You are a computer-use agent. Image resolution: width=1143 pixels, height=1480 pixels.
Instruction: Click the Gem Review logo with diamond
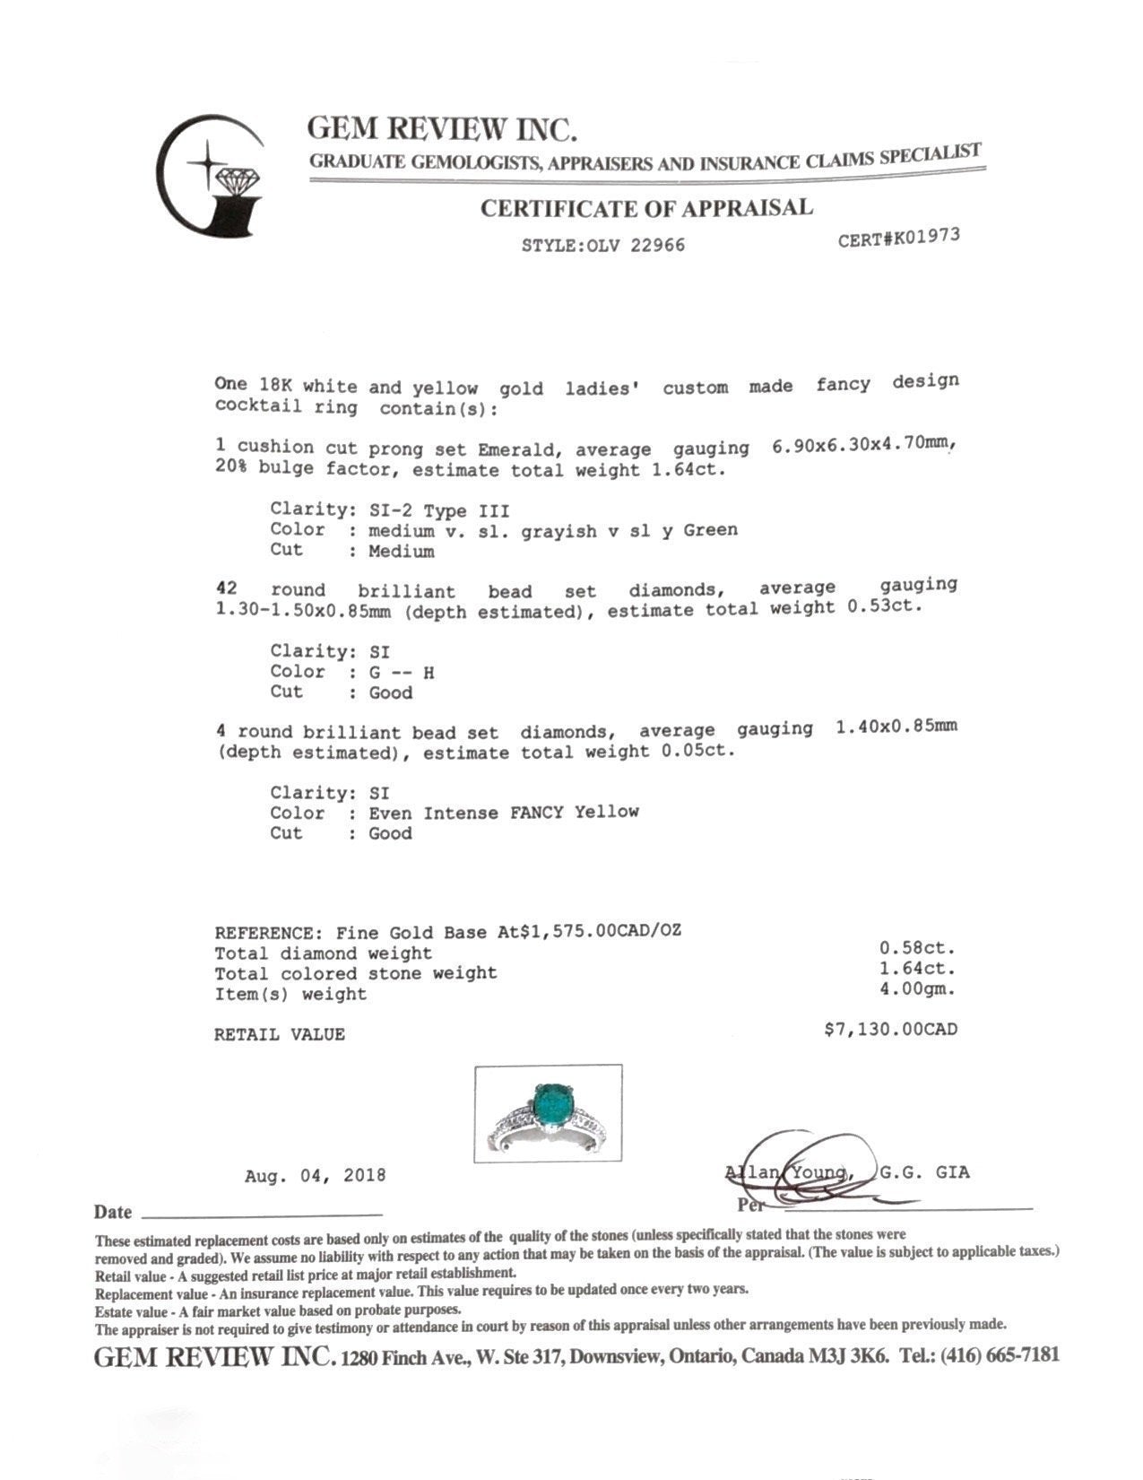[x=212, y=176]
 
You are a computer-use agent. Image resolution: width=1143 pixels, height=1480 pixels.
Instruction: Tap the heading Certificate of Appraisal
[x=646, y=208]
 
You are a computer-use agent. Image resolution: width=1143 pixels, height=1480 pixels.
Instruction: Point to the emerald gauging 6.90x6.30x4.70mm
[x=859, y=444]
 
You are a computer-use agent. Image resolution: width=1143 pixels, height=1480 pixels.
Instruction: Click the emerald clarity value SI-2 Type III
[x=439, y=510]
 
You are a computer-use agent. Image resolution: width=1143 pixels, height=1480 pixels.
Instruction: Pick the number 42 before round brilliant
[x=227, y=589]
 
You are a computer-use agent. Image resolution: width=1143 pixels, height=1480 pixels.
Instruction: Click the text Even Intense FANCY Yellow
[x=504, y=813]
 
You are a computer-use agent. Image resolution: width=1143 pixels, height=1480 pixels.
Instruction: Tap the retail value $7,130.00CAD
[x=890, y=1029]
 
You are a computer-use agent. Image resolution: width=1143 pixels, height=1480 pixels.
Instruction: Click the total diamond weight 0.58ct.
[x=917, y=948]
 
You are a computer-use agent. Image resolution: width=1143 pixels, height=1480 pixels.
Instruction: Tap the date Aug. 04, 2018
[x=315, y=1175]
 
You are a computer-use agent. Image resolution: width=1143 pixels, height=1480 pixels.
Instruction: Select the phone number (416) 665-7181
[x=999, y=1354]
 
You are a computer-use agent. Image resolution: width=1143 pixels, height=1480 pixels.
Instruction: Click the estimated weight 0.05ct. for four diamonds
[x=697, y=751]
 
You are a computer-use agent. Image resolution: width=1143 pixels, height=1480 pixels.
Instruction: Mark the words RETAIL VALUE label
[x=279, y=1034]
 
